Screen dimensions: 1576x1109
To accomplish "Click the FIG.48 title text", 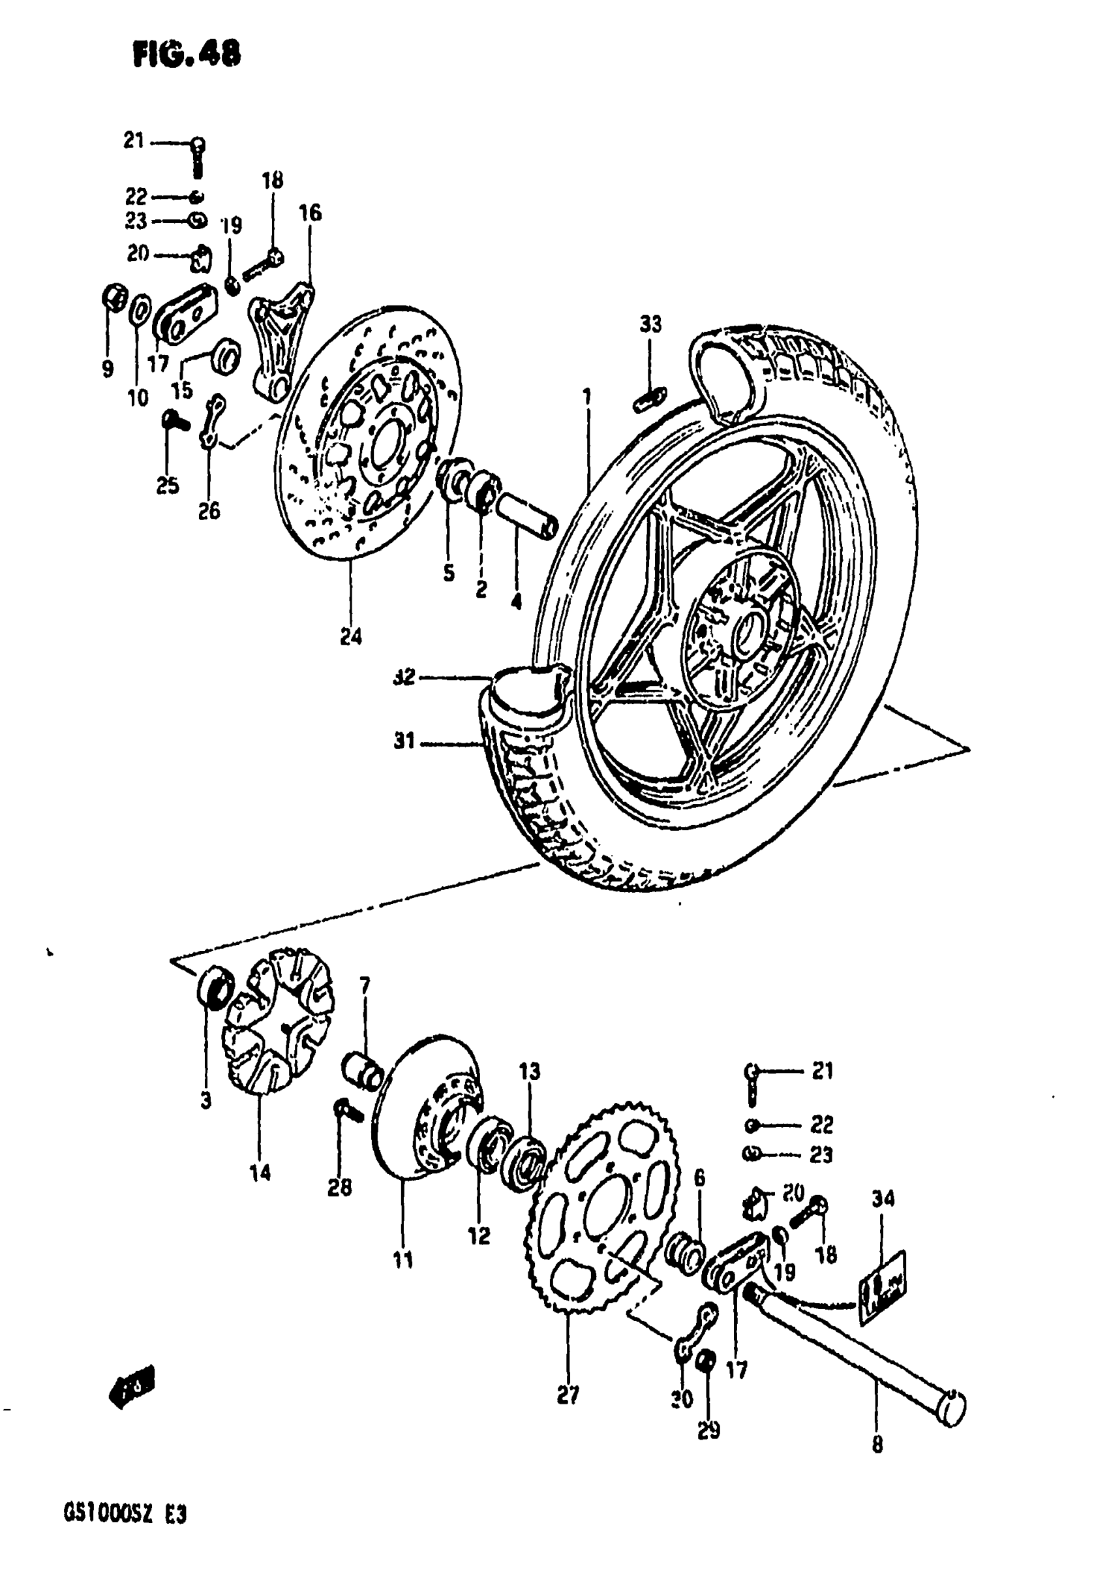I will [x=187, y=53].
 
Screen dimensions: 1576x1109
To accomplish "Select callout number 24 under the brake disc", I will [x=351, y=636].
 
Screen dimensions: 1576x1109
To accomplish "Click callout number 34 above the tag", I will [x=883, y=1198].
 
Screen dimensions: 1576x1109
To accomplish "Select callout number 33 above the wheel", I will [x=650, y=323].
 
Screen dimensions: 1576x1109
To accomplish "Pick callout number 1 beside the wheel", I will [x=586, y=397].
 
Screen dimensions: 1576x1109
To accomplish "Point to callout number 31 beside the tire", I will [x=404, y=741].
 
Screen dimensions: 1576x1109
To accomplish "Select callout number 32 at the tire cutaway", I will [x=405, y=677].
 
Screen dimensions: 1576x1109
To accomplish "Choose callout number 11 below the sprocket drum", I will [x=403, y=1259].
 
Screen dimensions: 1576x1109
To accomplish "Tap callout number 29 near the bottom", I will [x=708, y=1430].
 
